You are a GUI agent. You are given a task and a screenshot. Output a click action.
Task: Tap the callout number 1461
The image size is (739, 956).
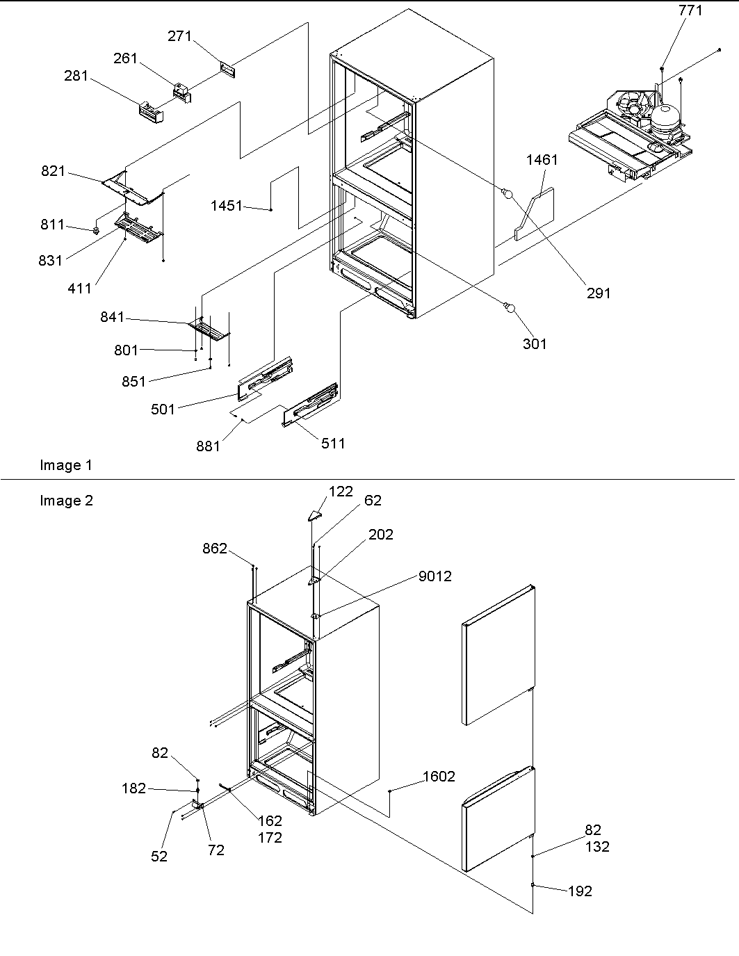pos(542,160)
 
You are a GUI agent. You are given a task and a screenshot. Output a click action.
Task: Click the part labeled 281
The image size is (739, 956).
pos(151,111)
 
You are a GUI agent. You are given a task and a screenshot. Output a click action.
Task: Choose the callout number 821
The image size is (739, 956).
pos(53,171)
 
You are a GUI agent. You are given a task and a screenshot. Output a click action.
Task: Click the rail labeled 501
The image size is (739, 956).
pos(265,379)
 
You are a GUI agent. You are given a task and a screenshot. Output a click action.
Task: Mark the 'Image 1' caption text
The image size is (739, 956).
pos(65,466)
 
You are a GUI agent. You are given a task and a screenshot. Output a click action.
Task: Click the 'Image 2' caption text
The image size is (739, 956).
pos(66,501)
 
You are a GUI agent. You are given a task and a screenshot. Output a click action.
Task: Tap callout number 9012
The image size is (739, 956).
pos(435,576)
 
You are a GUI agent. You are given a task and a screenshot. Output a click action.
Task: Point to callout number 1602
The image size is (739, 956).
pos(439,777)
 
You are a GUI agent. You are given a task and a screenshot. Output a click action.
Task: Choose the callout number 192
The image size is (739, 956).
pos(580,891)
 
